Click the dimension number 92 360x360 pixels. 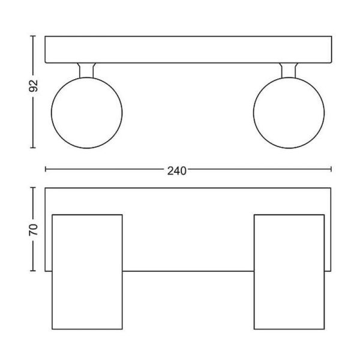pos(34,86)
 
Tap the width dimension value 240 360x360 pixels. pos(177,170)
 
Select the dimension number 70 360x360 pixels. pos(34,229)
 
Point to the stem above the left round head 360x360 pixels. pos(87,70)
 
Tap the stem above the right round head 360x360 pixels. pos(289,70)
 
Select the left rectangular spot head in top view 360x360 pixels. pos(87,271)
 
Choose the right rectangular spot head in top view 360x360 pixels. pos(289,271)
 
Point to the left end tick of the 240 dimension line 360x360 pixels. pos(46,170)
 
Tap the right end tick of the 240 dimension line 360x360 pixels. pos(331,170)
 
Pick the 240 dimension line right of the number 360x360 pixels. pos(258,170)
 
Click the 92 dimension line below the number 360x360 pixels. pos(34,120)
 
